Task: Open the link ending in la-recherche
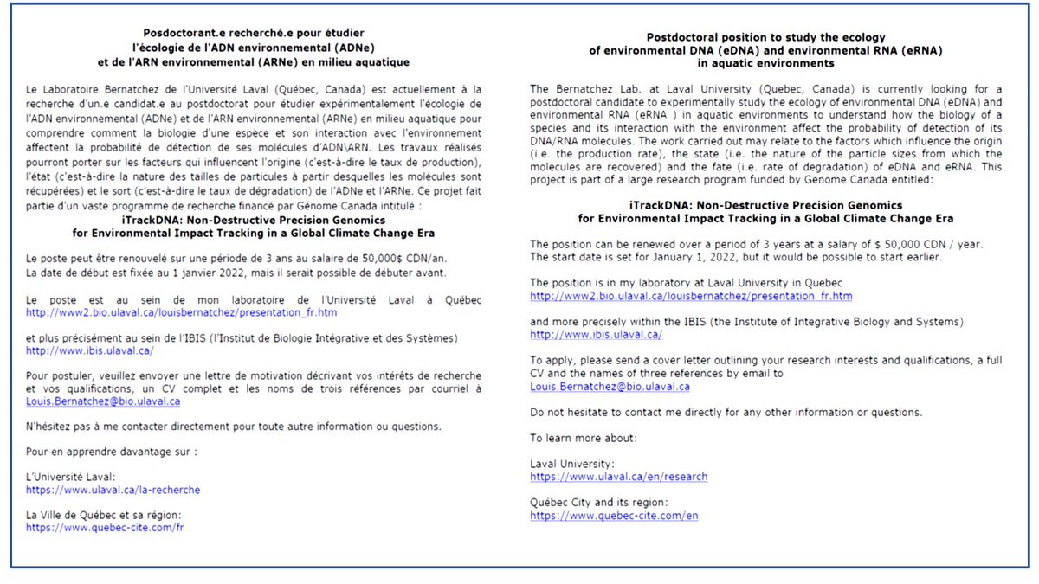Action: [113, 490]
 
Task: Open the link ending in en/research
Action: [618, 477]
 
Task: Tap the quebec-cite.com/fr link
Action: [105, 527]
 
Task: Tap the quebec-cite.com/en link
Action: [614, 516]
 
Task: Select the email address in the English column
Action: [610, 386]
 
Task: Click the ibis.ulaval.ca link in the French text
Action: [89, 350]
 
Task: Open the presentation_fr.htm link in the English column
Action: [691, 296]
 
